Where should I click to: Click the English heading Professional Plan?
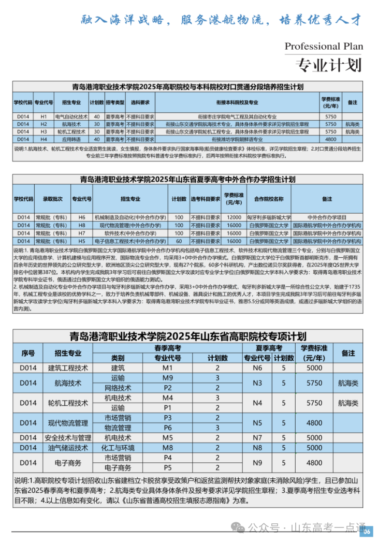click(324, 46)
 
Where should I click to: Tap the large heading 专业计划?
click(328, 65)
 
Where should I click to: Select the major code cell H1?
click(43, 117)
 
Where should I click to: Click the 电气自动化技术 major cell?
click(71, 117)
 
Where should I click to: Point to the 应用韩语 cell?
click(71, 139)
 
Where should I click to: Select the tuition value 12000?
click(234, 218)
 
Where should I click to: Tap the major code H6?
click(82, 218)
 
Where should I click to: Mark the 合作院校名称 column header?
click(268, 199)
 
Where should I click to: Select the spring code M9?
click(167, 378)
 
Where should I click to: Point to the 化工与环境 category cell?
click(118, 448)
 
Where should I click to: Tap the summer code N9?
click(257, 463)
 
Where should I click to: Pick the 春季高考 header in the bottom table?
click(167, 348)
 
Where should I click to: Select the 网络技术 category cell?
click(118, 388)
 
